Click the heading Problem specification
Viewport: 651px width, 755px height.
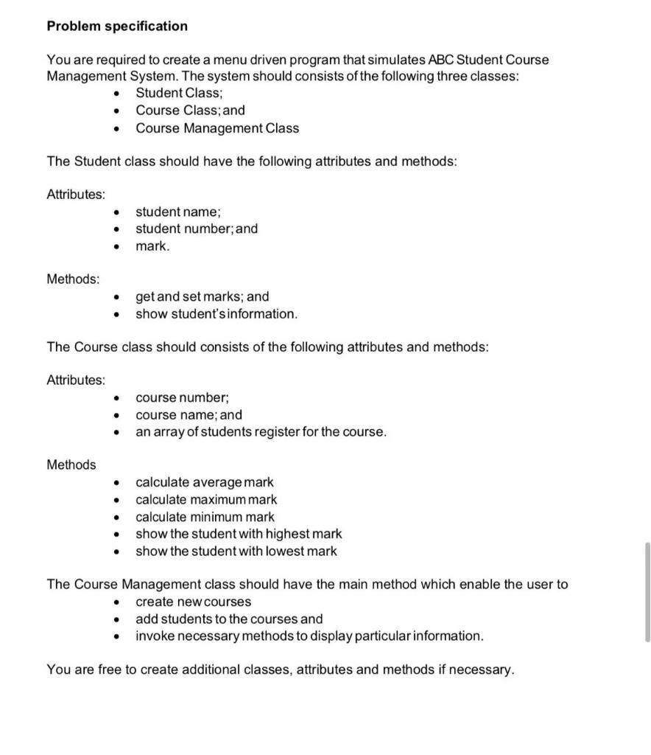(x=117, y=27)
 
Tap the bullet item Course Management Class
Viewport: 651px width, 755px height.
(x=217, y=128)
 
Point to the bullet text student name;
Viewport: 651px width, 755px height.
(x=173, y=212)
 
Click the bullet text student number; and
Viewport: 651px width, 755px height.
(x=197, y=229)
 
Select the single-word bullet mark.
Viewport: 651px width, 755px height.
(x=152, y=246)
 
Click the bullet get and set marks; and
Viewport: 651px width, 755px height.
(x=203, y=297)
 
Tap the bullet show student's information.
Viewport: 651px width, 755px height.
(x=217, y=314)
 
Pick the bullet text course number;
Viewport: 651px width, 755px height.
(x=182, y=398)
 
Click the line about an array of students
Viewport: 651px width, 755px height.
(x=261, y=432)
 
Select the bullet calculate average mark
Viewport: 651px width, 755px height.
(x=204, y=482)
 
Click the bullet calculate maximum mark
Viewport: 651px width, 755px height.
(x=206, y=499)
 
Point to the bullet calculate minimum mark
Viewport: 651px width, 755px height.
(x=205, y=517)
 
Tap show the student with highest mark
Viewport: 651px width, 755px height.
(x=239, y=534)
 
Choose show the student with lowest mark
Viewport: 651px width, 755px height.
(x=236, y=551)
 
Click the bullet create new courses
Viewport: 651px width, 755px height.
(x=193, y=602)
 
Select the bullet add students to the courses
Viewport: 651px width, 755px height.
(x=229, y=619)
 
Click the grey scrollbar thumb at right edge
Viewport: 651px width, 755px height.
(x=647, y=592)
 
